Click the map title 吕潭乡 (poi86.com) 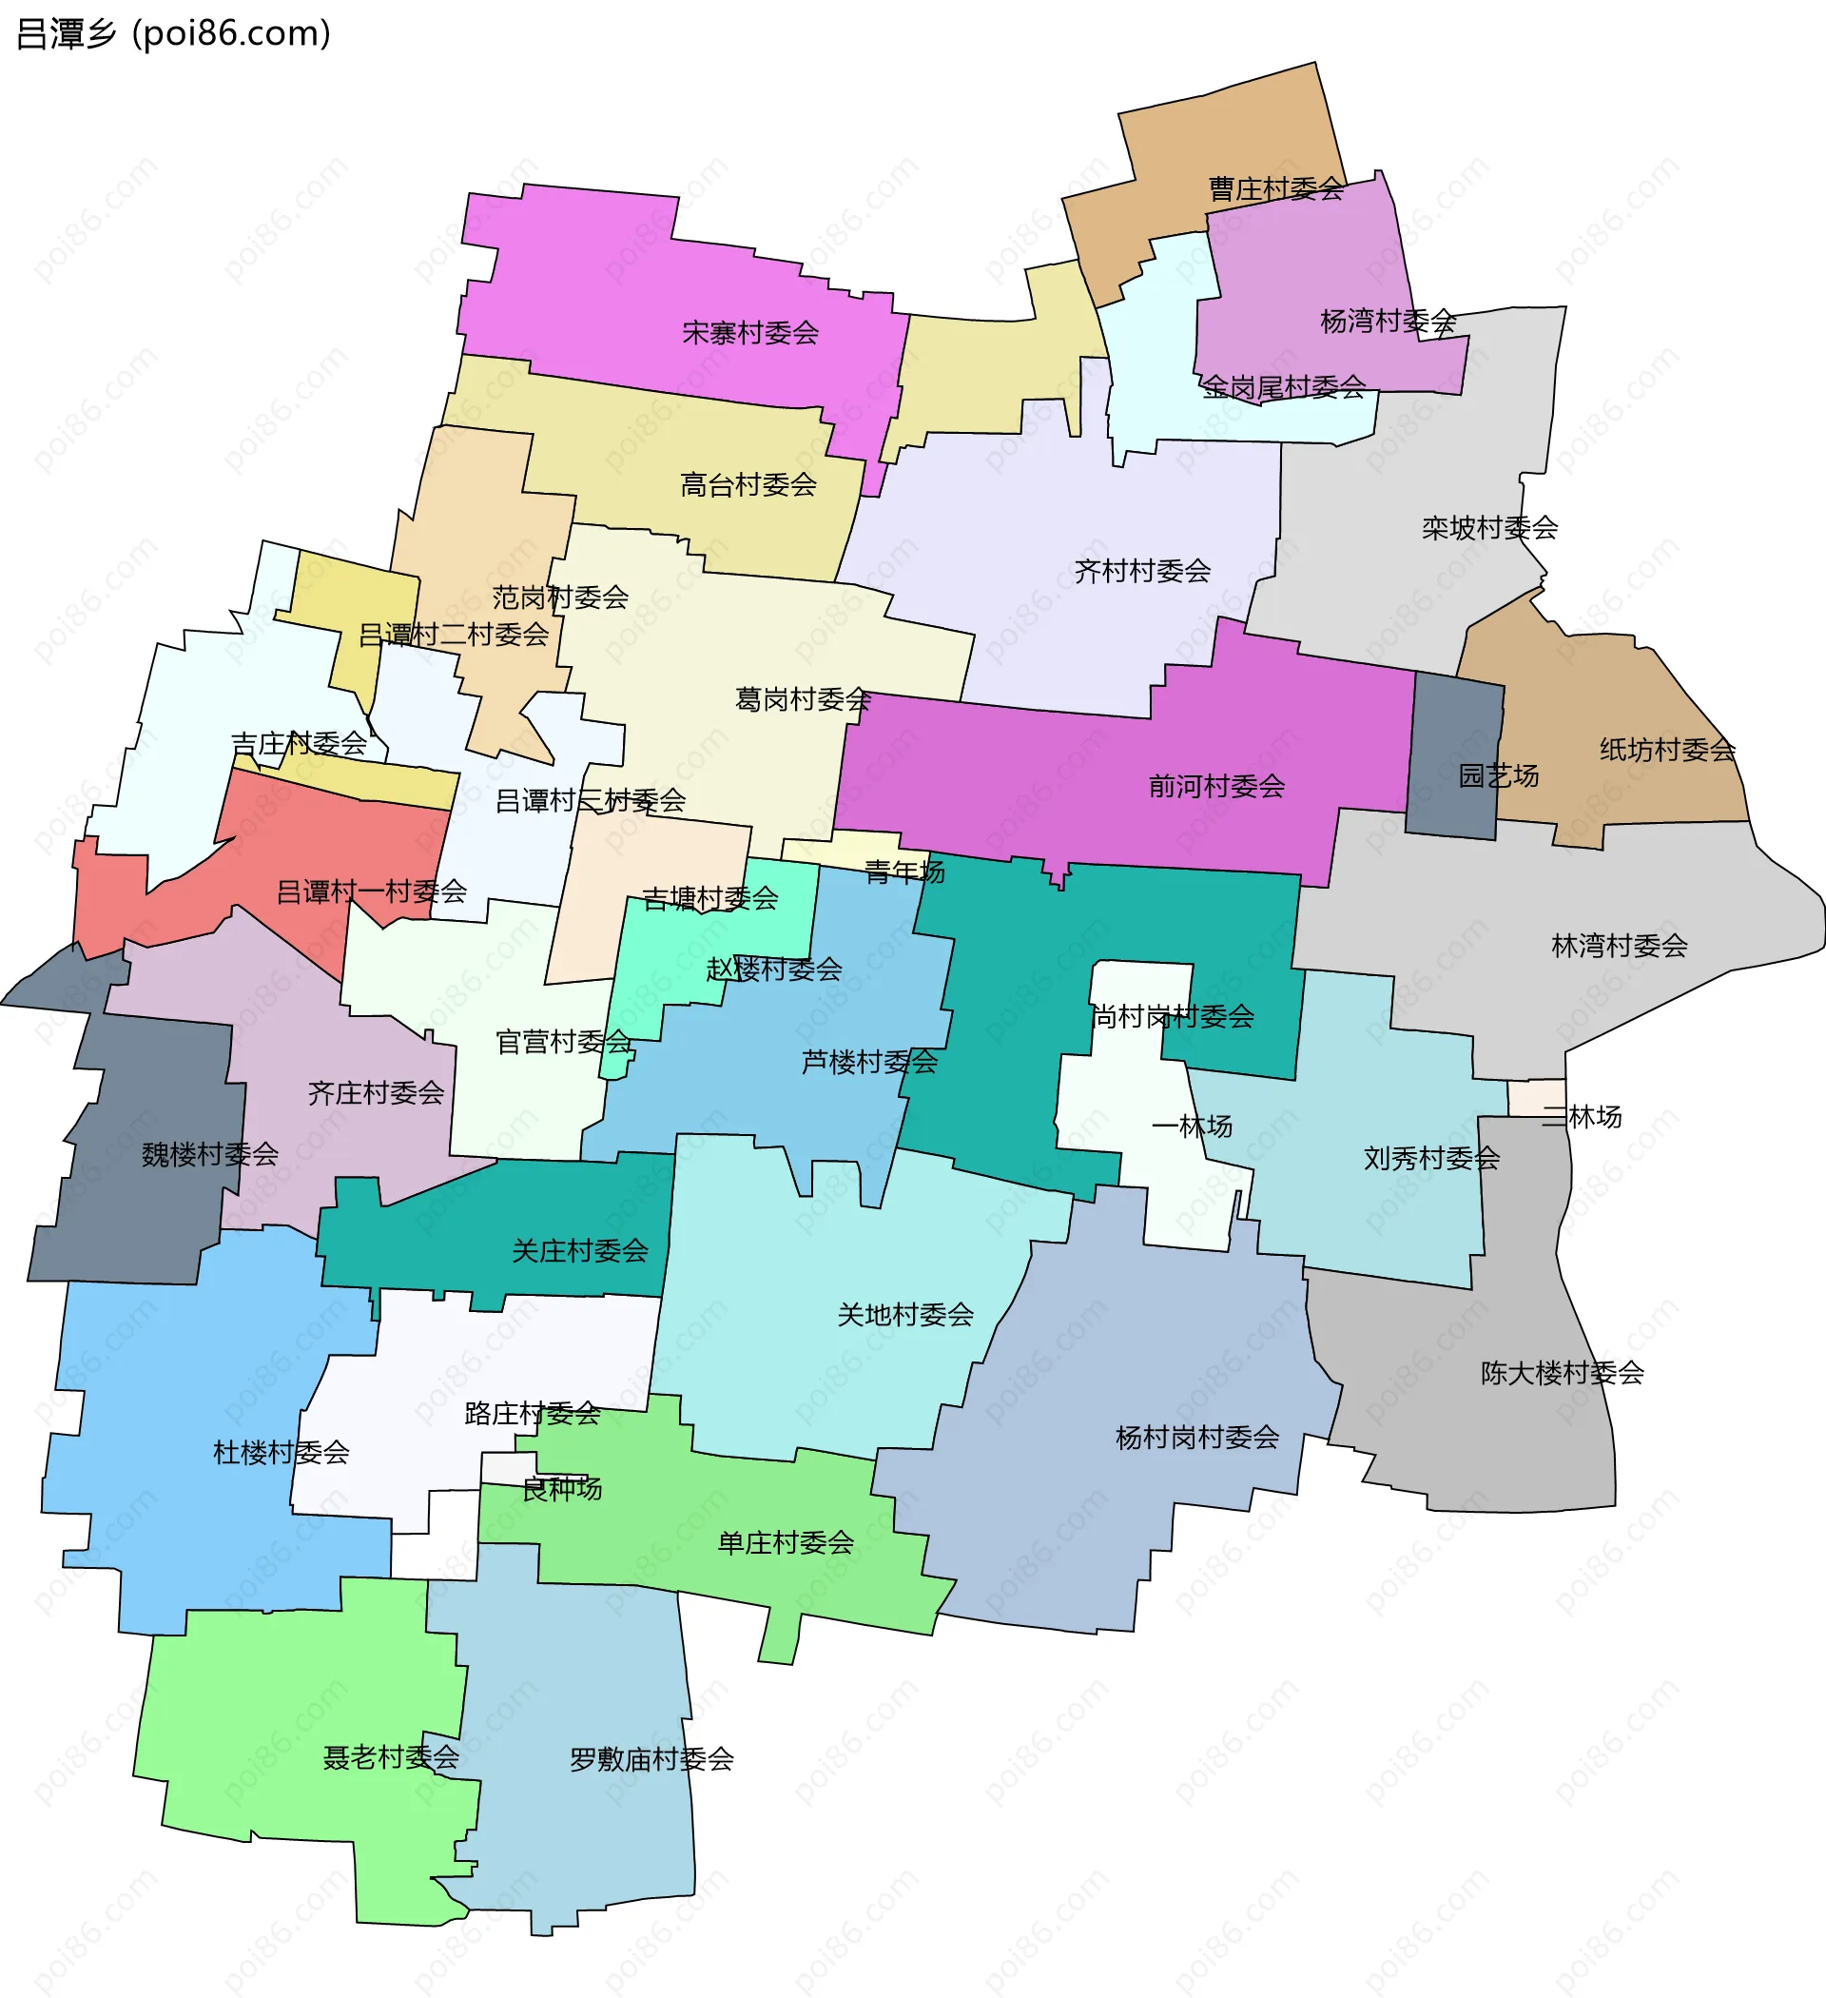tap(173, 33)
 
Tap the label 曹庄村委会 tap(1275, 188)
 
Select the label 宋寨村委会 tap(750, 333)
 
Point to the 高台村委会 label tap(748, 484)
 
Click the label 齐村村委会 tap(1142, 571)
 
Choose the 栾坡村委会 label tap(1489, 527)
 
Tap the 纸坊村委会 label tap(1667, 750)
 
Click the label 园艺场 tap(1498, 775)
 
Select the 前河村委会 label tap(1216, 786)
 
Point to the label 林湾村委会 tap(1619, 946)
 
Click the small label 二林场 tap(1583, 1117)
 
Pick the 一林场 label tap(1192, 1126)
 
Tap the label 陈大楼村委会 tap(1563, 1373)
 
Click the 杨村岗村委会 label tap(1196, 1437)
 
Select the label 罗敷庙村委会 tap(651, 1759)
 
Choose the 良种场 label tap(562, 1489)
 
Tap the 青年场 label tap(904, 872)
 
